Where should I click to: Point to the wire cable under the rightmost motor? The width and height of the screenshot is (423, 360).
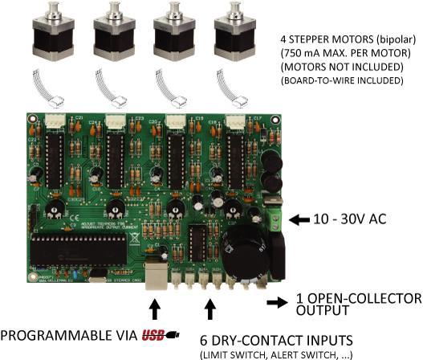[233, 84]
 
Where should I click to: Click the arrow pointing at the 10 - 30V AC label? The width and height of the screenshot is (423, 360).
[300, 218]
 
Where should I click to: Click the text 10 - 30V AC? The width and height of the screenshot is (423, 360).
[352, 218]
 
